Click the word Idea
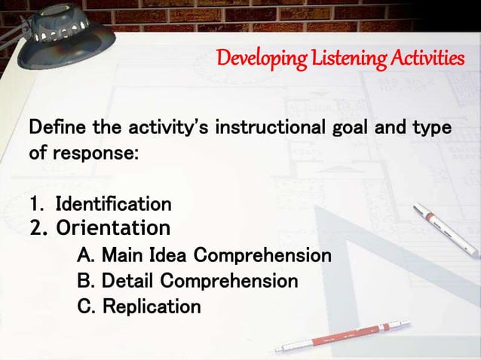(169, 255)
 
